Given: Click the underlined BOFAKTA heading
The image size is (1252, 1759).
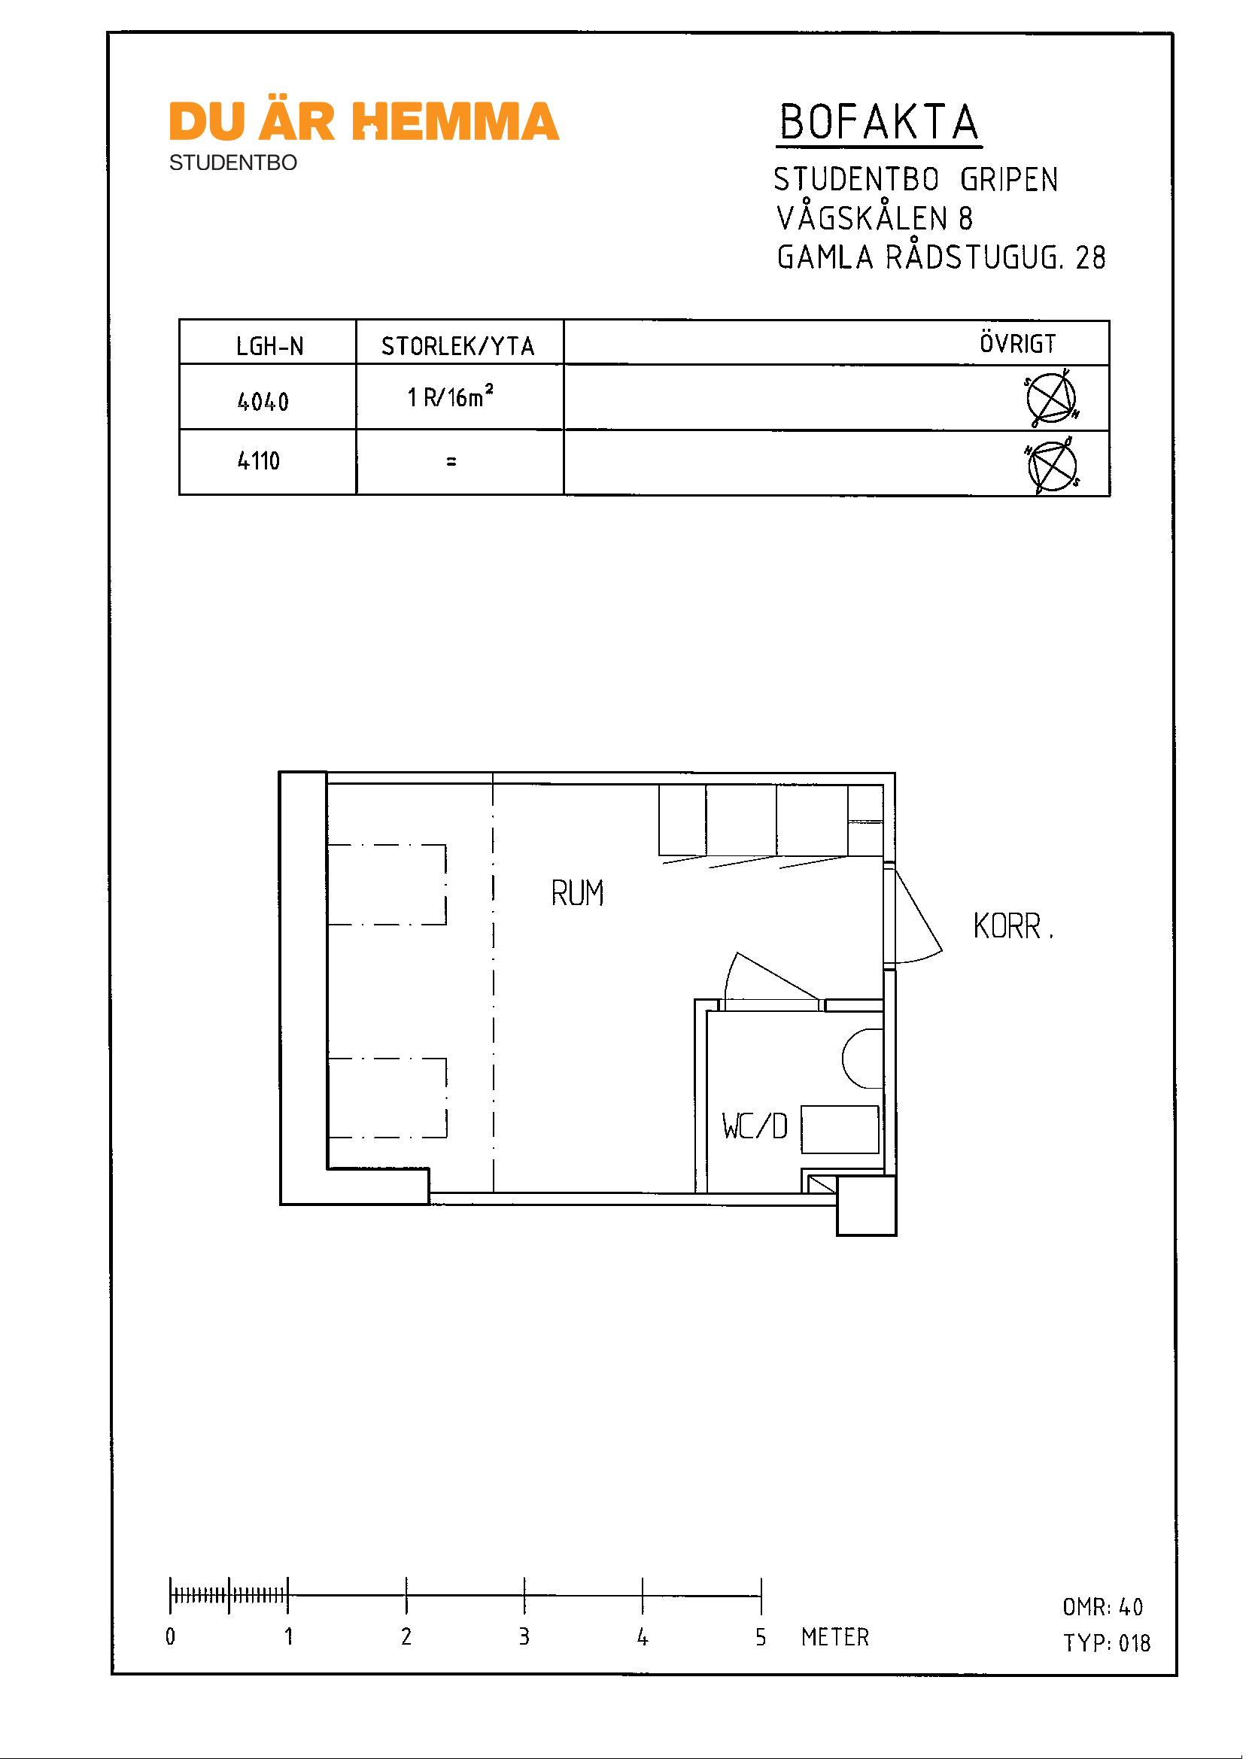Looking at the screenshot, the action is coord(879,123).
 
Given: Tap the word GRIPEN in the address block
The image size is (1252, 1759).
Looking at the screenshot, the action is coord(1009,180).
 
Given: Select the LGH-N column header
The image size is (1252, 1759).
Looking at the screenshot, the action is coord(270,346).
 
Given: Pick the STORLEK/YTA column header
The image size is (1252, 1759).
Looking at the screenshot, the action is coord(458,346).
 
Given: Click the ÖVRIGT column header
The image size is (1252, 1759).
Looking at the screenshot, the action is coord(1018,343).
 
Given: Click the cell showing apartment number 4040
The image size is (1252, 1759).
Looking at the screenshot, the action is coord(263,401).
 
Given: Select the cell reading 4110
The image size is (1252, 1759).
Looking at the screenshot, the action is coord(258,460).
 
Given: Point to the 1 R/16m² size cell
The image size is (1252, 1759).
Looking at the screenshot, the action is coord(450,396).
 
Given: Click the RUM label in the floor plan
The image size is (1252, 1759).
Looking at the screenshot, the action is coord(577,893).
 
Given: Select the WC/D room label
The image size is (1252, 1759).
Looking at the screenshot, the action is coord(755,1126).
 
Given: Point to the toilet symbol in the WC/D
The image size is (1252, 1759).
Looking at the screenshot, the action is coord(863,1059).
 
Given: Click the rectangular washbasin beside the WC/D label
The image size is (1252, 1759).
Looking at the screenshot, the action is coord(840,1129).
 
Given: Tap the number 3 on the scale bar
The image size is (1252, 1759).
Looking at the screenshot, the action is coord(524,1636).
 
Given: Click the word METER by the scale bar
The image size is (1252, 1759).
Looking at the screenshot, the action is coord(835,1636).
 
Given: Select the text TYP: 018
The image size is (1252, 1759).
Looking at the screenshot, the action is coord(1107,1642).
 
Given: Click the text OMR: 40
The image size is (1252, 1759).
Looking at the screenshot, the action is coord(1103,1606).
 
